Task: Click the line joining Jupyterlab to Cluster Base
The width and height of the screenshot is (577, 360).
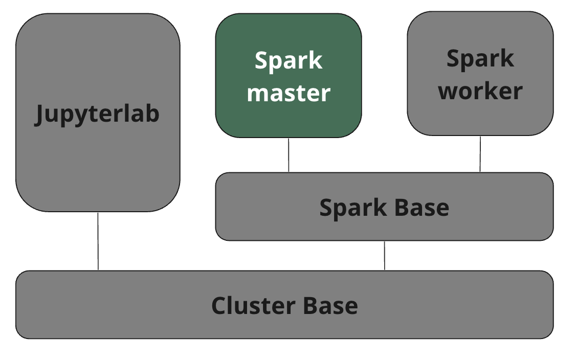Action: pos(98,241)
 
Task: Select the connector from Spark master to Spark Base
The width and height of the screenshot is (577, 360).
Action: pos(288,155)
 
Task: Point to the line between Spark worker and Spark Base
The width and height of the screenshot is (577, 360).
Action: pos(480,154)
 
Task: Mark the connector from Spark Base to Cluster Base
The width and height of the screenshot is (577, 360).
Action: pos(384,255)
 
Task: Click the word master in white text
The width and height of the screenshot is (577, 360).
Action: pos(288,93)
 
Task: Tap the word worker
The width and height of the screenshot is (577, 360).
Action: pos(480,91)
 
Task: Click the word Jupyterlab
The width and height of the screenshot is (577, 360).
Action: pos(97,114)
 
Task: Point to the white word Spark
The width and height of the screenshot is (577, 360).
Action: pos(288,61)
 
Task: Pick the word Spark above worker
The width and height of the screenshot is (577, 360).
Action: pos(480,58)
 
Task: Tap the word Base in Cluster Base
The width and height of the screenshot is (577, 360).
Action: pos(330,305)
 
